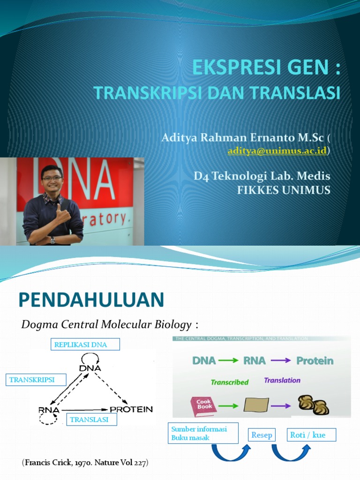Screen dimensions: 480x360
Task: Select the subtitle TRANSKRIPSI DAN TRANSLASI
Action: pos(217,93)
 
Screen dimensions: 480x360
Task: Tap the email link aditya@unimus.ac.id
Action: pos(277,150)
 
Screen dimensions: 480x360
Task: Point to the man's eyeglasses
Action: pos(52,178)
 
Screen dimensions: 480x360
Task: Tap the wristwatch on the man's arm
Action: pos(52,240)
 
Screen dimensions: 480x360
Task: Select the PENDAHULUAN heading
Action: pos(91,300)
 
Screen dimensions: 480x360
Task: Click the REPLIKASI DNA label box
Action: pos(86,345)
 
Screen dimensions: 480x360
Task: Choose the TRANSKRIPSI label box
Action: pos(36,380)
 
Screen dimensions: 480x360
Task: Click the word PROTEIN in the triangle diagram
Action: pos(131,409)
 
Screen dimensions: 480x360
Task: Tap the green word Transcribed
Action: pos(229,382)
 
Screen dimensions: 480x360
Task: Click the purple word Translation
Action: pos(282,380)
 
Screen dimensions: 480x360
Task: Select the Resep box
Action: pos(262,435)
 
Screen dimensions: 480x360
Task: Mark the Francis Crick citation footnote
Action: pos(85,463)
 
